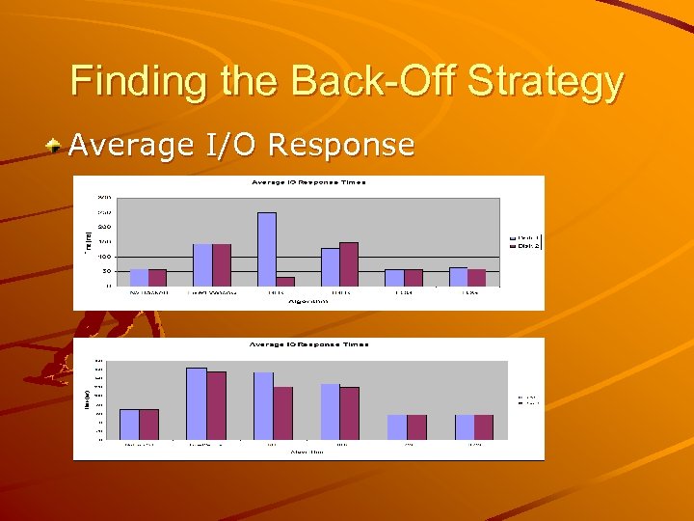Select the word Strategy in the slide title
(x=546, y=83)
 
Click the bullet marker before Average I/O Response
(x=57, y=146)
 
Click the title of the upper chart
(x=309, y=182)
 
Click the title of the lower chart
(x=309, y=344)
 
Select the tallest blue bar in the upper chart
(x=267, y=248)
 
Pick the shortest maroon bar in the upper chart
(x=285, y=281)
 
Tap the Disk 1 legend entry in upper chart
(x=524, y=237)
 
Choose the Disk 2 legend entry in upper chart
(x=524, y=246)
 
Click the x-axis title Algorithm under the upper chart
(x=308, y=302)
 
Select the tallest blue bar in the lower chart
(x=197, y=403)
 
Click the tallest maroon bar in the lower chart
(x=216, y=405)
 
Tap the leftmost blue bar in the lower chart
(x=129, y=424)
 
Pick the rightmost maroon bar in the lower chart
(x=484, y=426)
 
